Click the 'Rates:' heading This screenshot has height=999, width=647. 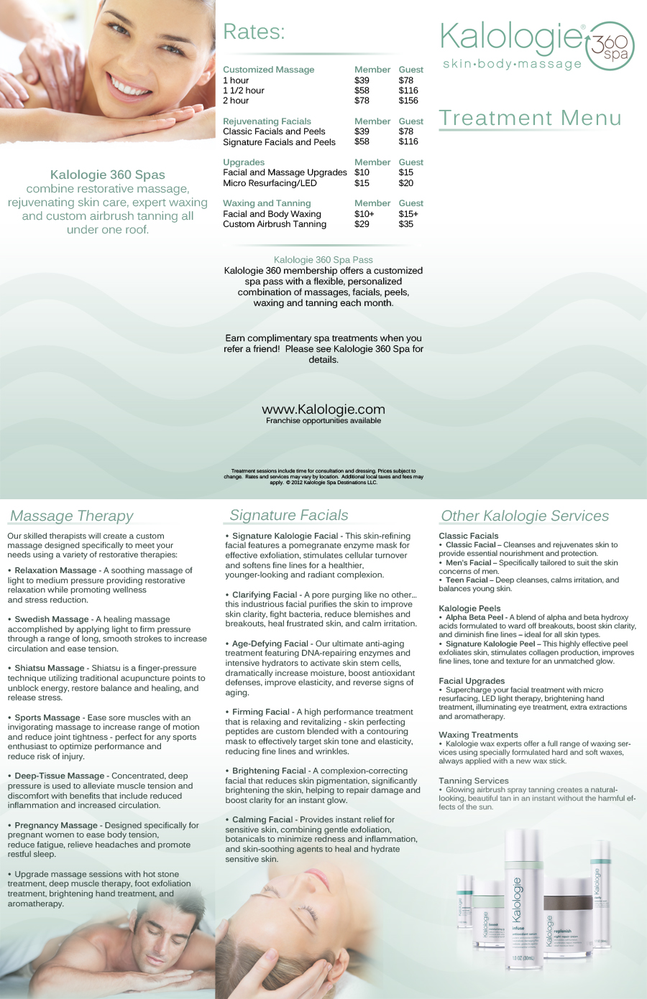pos(254,32)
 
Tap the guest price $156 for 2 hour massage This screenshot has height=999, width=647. pos(408,101)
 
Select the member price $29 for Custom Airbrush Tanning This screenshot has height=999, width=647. pos(362,224)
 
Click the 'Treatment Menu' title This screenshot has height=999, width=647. pos(530,119)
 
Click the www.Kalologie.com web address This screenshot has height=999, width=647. pos(323,409)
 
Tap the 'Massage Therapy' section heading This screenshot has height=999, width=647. pos(72,516)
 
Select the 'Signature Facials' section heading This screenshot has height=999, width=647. pos(289,515)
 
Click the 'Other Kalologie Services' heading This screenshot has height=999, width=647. pos(525,516)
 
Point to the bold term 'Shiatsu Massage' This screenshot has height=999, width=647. pos(50,668)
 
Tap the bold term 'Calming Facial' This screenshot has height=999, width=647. pos(262,819)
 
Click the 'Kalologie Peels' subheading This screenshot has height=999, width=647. pos(469,608)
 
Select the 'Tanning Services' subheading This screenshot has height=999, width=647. pos(474,781)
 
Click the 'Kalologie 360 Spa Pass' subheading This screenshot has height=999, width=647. pos(323,260)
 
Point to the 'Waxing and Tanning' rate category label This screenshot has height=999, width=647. pos(267,203)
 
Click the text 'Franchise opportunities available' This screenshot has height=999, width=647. pos(323,421)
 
